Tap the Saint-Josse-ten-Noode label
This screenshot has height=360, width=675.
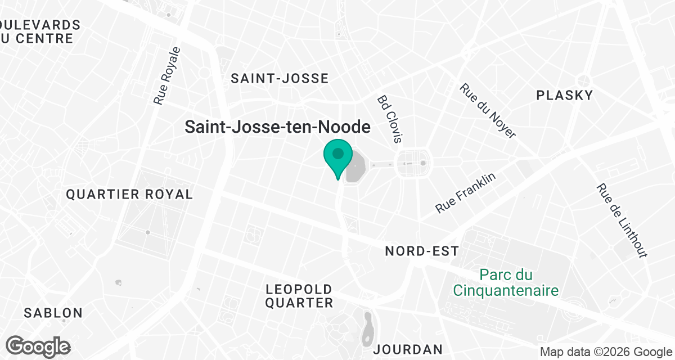278,127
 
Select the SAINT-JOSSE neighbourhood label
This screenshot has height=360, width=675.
280,79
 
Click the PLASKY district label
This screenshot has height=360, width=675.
565,96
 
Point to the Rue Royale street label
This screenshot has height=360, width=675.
168,76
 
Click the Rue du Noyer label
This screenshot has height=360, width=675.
487,111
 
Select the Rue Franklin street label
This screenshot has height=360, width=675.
466,193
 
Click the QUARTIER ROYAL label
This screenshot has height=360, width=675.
129,195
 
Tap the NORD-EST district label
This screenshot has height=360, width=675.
422,251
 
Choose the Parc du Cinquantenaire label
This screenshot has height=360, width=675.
506,283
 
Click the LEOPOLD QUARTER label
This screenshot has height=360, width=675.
299,296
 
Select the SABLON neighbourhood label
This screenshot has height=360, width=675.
53,313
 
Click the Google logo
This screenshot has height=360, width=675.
38,346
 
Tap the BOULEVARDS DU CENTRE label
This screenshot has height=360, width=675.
39,31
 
